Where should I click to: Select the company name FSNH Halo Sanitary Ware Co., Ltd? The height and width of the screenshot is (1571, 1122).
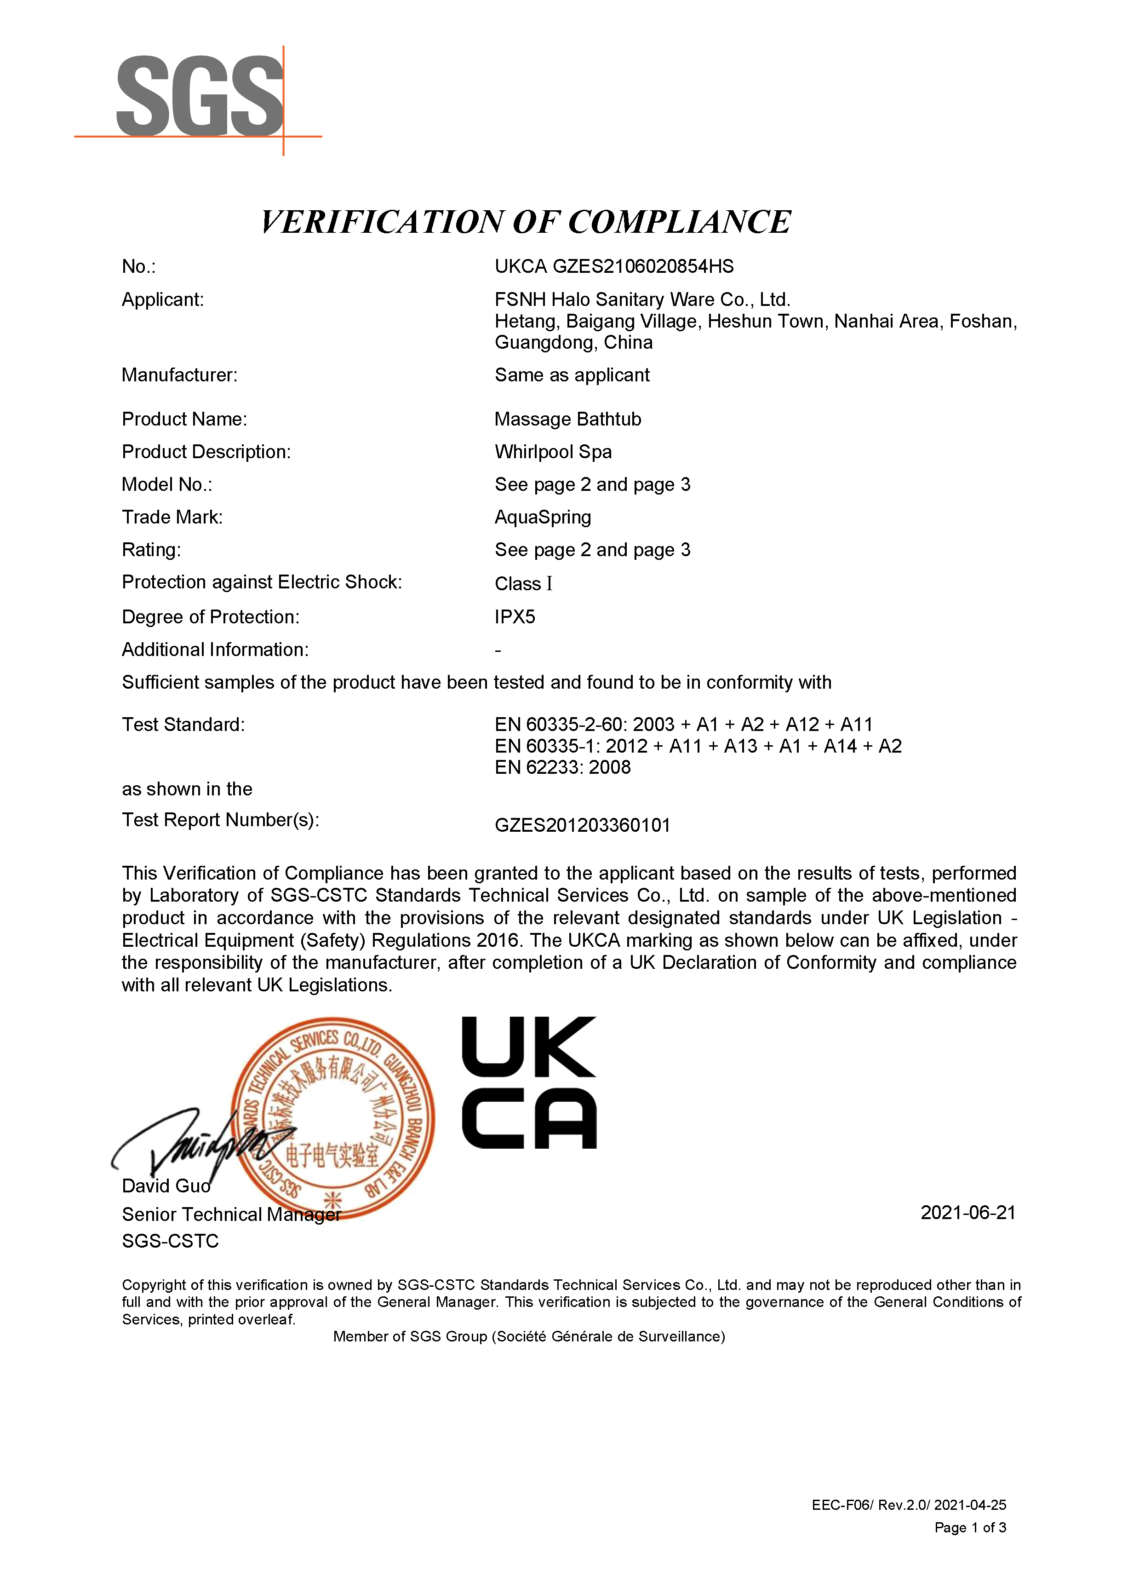(642, 299)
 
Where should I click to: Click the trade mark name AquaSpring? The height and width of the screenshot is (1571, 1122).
(542, 517)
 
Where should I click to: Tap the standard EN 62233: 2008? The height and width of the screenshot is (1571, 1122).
(562, 767)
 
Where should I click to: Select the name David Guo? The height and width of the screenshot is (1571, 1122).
(166, 1186)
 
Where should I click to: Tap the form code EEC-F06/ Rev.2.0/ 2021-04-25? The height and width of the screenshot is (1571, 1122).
(909, 1505)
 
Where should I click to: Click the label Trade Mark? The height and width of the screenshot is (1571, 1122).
(172, 517)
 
